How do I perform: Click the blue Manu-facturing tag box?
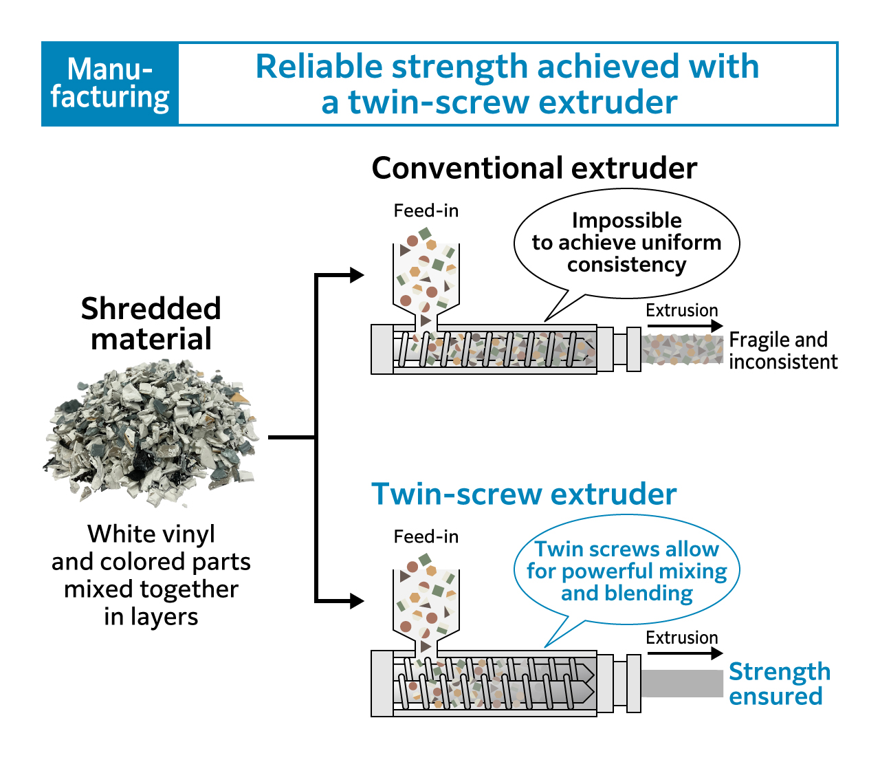tap(110, 84)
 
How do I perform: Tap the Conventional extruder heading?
tap(534, 168)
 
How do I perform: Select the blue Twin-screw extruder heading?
tap(524, 494)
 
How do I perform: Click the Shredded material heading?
tap(151, 323)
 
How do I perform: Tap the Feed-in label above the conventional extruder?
tap(426, 210)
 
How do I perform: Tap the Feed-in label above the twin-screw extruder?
tap(426, 536)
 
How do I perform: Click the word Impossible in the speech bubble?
tap(626, 220)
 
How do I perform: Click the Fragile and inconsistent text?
tap(783, 351)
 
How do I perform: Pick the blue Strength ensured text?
tap(779, 684)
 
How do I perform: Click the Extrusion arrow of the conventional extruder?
tap(685, 326)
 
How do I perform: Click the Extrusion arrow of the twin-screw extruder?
tap(685, 653)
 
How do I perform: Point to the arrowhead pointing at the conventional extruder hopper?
tap(356, 275)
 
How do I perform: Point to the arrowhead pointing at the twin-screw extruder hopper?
tap(356, 601)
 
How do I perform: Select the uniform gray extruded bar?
tap(682, 683)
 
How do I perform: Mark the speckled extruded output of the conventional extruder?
tap(682, 349)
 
